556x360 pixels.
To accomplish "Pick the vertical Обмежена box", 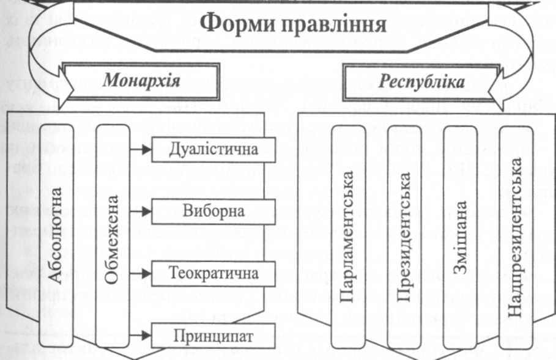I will pos(113,235).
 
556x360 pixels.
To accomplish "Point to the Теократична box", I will pos(213,273).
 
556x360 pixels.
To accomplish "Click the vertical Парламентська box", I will pos(348,235).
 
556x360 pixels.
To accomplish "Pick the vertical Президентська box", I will pos(404,235).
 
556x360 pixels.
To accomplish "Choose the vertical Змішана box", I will pos(461,235).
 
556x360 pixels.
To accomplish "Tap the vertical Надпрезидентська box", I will pos(517,235).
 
